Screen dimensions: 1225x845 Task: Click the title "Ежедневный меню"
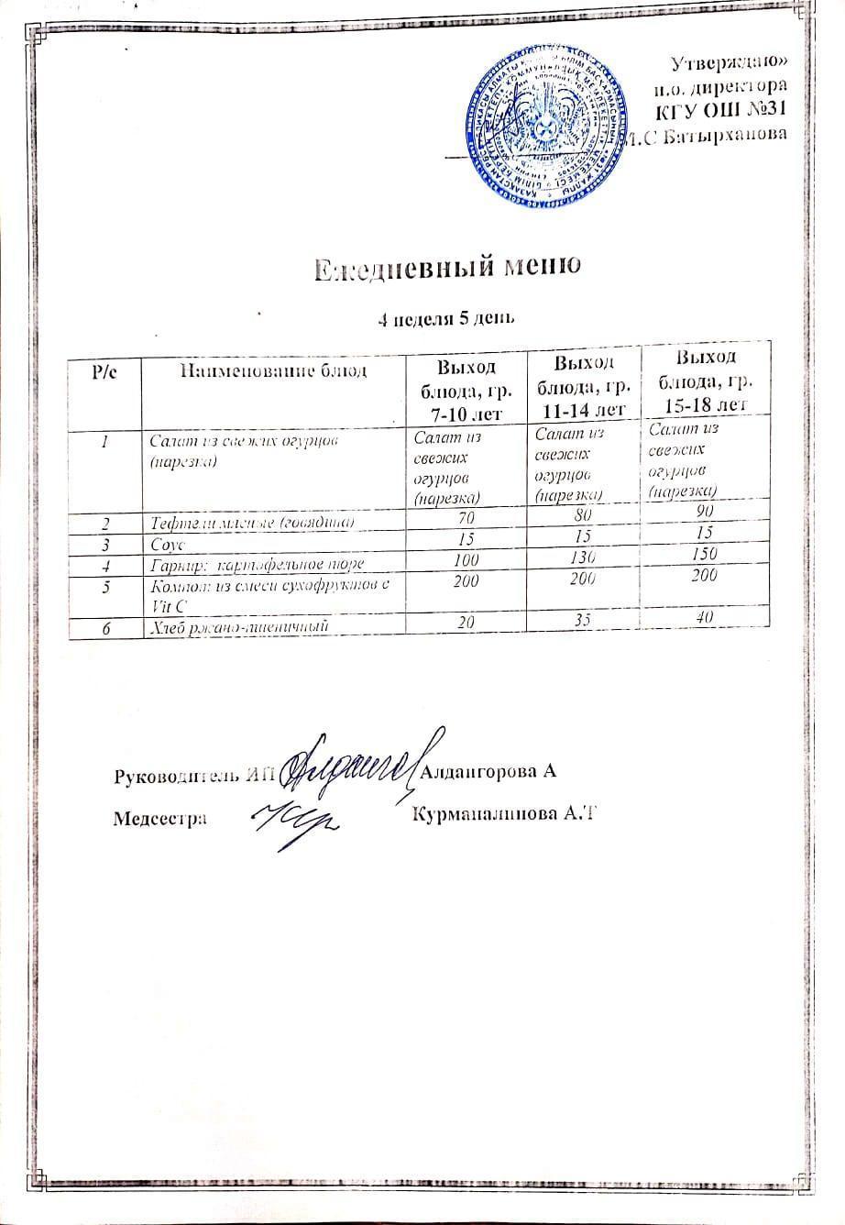coord(447,266)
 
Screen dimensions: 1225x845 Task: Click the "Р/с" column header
coord(104,372)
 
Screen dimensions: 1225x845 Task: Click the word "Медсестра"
coord(159,817)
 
